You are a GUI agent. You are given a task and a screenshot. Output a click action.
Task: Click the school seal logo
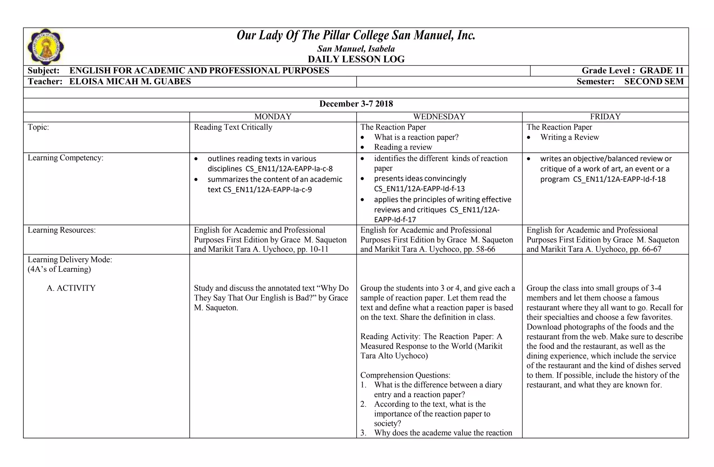[46, 47]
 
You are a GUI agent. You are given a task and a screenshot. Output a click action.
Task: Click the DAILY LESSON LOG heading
[356, 59]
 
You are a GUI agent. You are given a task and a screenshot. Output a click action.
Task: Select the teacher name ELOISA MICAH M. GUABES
[130, 82]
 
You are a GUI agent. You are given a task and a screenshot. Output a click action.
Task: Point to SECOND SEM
[654, 82]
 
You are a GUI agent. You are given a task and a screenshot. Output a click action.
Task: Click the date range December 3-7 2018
[356, 104]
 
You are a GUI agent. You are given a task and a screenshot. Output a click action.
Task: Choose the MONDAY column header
[273, 117]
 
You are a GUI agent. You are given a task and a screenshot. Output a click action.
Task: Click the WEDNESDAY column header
[439, 117]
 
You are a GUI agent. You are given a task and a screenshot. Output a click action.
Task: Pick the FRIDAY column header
[605, 117]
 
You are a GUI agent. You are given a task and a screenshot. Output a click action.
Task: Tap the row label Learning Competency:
[66, 158]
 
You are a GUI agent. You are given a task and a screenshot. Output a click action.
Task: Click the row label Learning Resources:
[62, 230]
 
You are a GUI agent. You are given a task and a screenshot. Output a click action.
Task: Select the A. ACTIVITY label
[71, 288]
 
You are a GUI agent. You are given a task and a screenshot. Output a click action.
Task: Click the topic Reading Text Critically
[233, 127]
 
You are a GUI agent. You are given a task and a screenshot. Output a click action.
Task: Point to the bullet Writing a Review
[569, 137]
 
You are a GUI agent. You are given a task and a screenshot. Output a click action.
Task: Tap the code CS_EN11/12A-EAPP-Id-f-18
[619, 179]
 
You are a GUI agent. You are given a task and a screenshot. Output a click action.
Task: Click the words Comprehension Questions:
[405, 375]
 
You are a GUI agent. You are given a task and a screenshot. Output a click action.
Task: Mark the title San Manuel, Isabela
[356, 49]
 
